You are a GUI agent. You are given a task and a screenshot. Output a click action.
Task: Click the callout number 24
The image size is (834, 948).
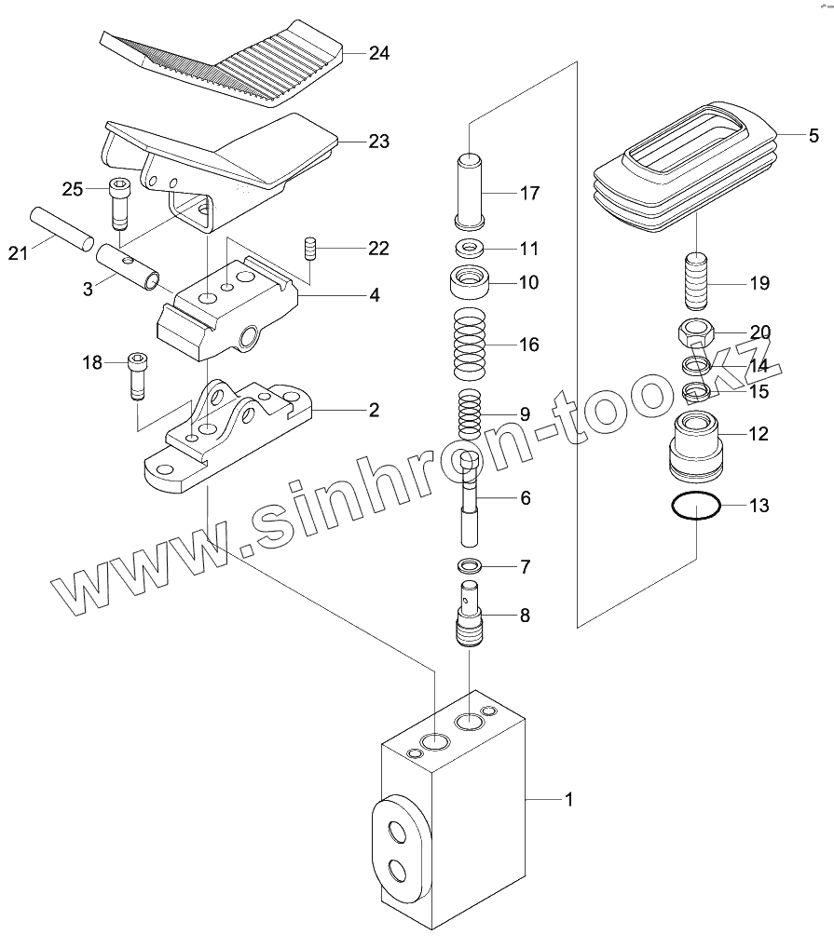coord(378,53)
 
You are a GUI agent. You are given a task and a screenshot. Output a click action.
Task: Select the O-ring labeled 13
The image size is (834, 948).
coord(696,508)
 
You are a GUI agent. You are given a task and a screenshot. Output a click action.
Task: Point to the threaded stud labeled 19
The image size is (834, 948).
coord(697,282)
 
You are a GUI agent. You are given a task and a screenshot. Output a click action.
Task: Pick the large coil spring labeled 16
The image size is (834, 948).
coord(472,344)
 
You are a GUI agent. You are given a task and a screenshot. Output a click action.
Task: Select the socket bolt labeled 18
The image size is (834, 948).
coord(137,375)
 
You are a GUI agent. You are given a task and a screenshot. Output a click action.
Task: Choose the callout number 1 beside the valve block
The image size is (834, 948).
coord(567,799)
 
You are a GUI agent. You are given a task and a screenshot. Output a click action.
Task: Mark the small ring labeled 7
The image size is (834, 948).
coord(471,565)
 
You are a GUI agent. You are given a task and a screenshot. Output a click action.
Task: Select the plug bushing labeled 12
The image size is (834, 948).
coord(696,442)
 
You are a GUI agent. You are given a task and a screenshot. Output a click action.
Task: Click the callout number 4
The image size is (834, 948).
coord(374,296)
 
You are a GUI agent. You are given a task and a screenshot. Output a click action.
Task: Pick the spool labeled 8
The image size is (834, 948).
coord(472,613)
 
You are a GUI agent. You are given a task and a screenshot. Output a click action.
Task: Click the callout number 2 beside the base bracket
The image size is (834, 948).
coord(374,409)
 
